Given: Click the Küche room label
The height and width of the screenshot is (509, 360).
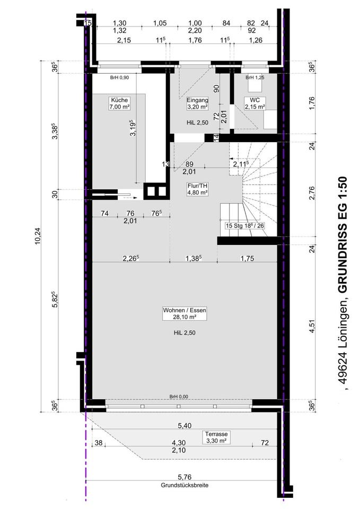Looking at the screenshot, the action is [x=119, y=103].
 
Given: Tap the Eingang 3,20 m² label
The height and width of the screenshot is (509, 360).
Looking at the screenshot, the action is [x=197, y=103].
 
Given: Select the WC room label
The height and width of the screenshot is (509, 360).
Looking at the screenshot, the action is [x=255, y=103].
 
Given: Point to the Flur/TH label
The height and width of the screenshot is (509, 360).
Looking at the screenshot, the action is [x=197, y=189].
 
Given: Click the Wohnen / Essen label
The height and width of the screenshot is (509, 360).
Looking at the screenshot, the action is [x=185, y=313].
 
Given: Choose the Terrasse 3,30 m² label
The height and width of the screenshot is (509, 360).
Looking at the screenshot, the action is [x=216, y=437].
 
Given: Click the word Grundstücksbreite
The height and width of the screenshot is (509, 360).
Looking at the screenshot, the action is [x=185, y=485].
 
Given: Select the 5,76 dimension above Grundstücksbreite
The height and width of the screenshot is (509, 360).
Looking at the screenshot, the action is [x=185, y=477].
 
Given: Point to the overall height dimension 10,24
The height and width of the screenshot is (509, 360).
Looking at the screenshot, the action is [x=39, y=236].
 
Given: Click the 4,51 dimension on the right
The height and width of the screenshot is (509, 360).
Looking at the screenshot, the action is [x=312, y=326].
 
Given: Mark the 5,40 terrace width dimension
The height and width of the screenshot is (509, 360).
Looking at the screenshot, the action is [x=185, y=426].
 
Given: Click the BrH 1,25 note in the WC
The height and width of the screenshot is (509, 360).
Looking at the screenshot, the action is [x=255, y=77].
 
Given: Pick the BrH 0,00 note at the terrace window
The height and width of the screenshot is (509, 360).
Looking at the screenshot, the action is [x=179, y=397].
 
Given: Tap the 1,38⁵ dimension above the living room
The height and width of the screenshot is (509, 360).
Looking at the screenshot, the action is [x=194, y=258].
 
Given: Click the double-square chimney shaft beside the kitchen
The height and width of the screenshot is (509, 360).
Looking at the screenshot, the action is [x=156, y=191].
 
